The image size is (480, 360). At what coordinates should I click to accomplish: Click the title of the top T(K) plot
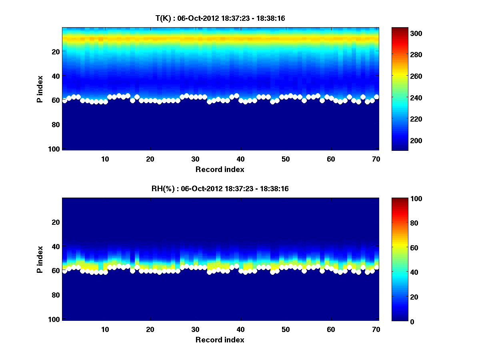(220, 18)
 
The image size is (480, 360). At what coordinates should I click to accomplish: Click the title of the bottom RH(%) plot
(220, 189)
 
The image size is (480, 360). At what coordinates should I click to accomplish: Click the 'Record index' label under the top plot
(220, 169)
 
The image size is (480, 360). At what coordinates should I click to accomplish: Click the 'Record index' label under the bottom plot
(220, 340)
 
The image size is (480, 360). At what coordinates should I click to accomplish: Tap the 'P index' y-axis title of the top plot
(40, 89)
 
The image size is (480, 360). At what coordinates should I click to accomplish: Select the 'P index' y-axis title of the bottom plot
(40, 259)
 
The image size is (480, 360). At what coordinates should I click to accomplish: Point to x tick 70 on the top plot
(376, 159)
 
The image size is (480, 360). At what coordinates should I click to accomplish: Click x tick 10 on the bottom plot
(105, 329)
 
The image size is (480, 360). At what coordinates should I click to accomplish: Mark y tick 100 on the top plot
(55, 149)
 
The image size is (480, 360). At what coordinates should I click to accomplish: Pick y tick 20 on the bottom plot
(56, 222)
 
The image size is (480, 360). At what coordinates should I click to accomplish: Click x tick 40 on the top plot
(240, 159)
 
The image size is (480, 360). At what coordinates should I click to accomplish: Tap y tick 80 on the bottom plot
(56, 295)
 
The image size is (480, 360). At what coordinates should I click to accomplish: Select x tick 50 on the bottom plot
(286, 329)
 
